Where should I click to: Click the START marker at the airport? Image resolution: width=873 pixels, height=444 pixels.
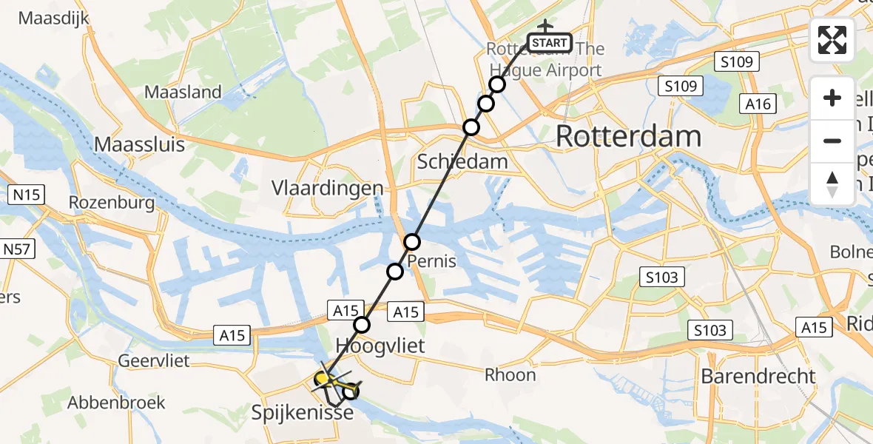point(550,43)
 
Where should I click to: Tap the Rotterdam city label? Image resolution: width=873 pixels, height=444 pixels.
point(628,137)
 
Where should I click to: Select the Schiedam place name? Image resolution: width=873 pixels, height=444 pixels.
point(462,162)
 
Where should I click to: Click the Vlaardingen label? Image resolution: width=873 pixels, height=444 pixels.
point(328,187)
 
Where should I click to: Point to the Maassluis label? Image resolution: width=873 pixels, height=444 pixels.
point(140,144)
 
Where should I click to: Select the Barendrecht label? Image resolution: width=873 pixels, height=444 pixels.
point(758,376)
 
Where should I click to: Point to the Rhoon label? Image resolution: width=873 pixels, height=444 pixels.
point(510,374)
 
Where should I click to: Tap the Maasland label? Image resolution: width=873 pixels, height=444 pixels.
point(183,92)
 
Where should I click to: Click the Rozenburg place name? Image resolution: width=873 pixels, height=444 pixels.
point(112,203)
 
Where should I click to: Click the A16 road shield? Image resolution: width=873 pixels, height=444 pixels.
point(759,104)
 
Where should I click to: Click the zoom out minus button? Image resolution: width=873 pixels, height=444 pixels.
point(832,141)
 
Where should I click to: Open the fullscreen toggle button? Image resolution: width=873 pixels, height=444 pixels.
point(832,40)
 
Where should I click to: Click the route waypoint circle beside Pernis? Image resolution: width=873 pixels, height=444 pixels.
point(412,242)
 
